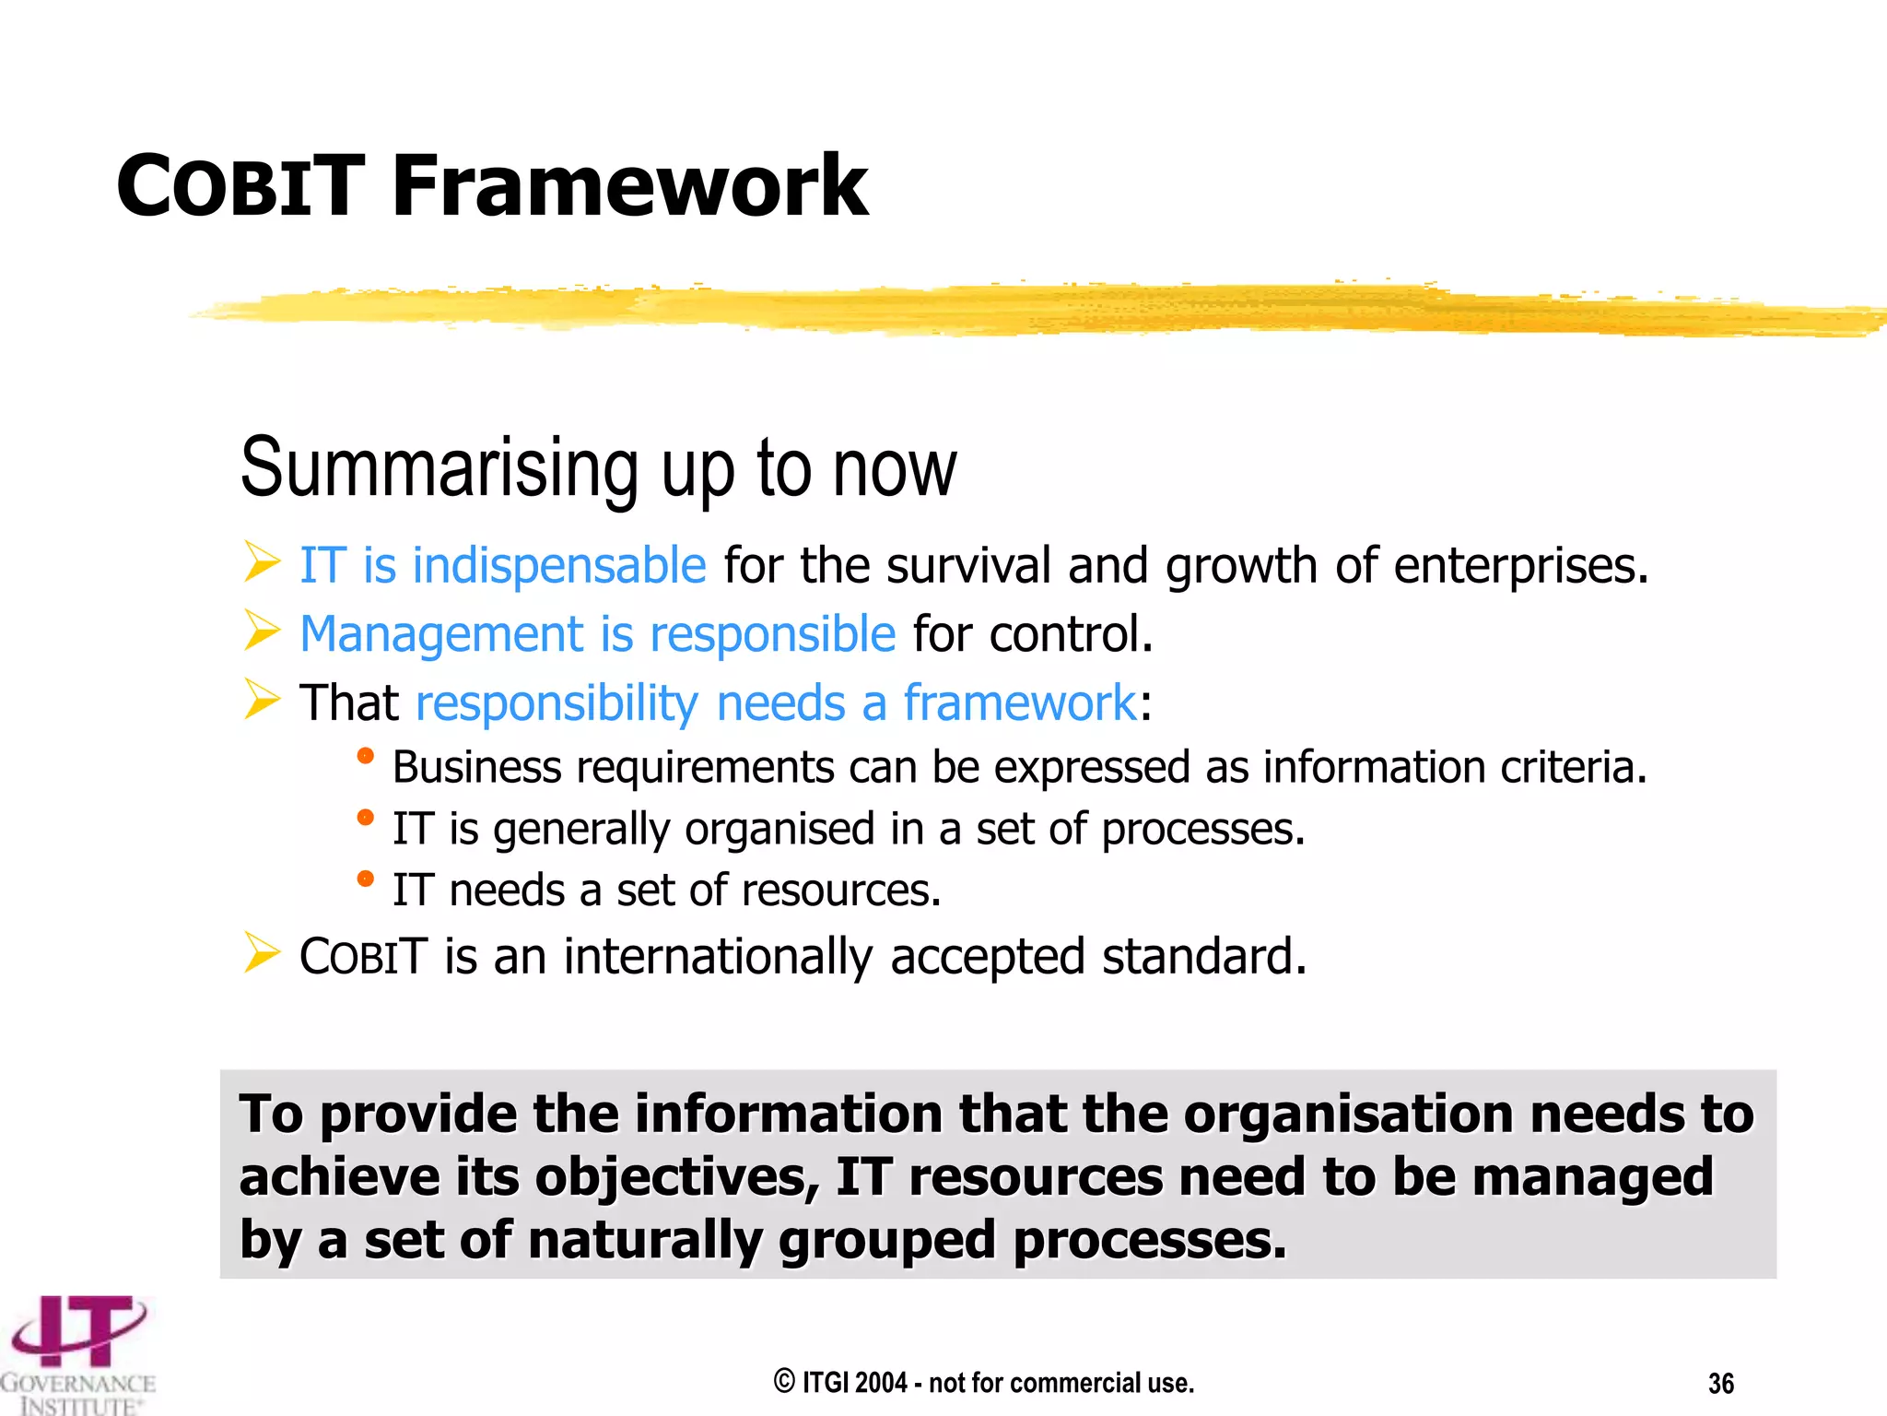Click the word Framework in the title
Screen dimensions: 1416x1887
click(x=629, y=187)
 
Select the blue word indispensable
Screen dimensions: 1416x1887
click(x=558, y=565)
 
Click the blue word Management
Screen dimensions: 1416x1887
click(x=441, y=635)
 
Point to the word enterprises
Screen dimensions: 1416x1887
click(x=1520, y=565)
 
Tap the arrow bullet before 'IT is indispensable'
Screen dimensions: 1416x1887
click(x=262, y=561)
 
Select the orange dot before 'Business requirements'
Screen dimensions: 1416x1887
click(x=365, y=756)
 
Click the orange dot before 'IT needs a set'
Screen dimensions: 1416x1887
click(x=365, y=879)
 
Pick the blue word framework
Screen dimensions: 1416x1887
click(x=1019, y=703)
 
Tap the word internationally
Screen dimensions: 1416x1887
click(x=718, y=957)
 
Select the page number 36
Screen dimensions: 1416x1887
click(x=1720, y=1384)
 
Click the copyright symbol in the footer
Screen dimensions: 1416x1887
click(x=784, y=1382)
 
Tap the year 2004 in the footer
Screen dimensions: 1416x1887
click(x=881, y=1383)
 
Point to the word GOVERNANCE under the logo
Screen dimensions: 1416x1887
click(x=78, y=1384)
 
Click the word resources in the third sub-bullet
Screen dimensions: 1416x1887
click(x=840, y=891)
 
